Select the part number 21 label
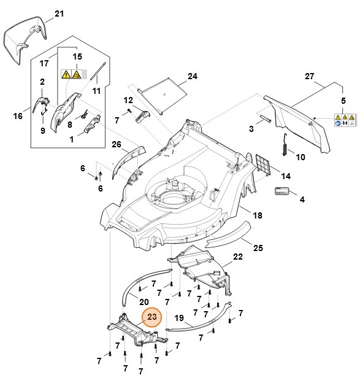[59, 14]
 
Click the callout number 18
[258, 215]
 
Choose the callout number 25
[258, 248]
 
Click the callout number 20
[144, 301]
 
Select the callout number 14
[285, 176]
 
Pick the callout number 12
[128, 100]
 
